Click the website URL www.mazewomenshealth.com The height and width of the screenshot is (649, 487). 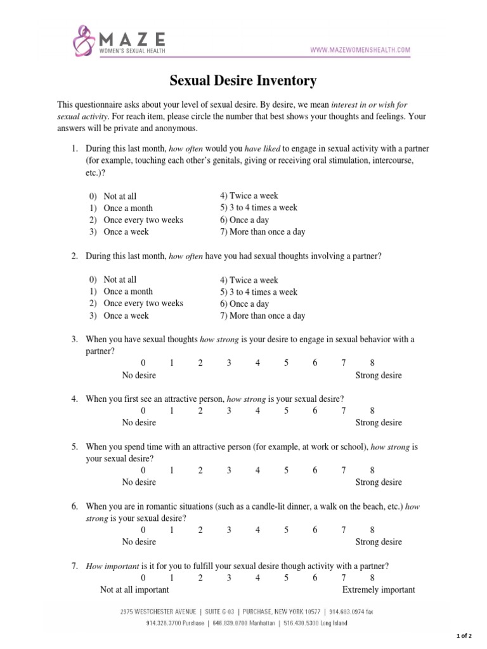tap(360, 49)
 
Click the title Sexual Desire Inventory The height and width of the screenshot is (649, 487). tap(243, 80)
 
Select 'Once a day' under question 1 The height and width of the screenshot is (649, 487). tap(244, 220)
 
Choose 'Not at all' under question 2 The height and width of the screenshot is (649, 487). tap(120, 280)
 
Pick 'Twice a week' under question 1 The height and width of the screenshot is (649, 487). tap(249, 196)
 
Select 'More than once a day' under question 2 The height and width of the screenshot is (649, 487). tap(263, 316)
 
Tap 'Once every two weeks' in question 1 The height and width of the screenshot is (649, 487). tap(143, 220)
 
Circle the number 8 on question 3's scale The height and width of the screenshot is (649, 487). tap(372, 363)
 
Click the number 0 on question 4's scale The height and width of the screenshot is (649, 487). tap(143, 411)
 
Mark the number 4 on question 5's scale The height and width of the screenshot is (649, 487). tap(257, 470)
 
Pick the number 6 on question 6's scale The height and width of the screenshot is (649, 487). tap(315, 530)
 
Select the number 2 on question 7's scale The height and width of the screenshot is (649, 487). tap(200, 577)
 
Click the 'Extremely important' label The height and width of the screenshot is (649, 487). tap(379, 589)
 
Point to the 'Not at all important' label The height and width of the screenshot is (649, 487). tap(134, 589)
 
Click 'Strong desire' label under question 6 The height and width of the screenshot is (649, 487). tap(379, 542)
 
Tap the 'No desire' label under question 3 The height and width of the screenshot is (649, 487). tap(139, 375)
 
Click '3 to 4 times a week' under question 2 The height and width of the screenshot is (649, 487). tap(259, 292)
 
